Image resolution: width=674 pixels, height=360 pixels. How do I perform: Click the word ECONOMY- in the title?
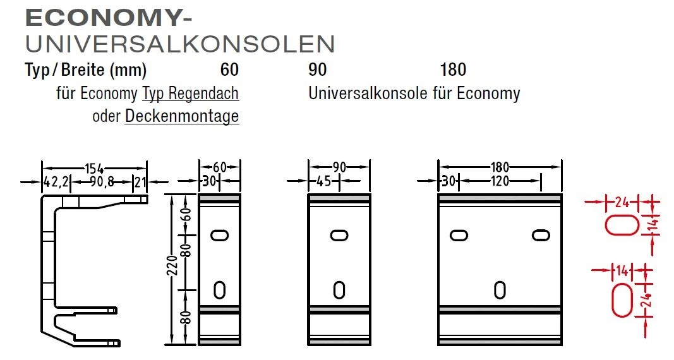(x=108, y=18)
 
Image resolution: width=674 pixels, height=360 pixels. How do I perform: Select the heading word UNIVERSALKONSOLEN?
(x=180, y=44)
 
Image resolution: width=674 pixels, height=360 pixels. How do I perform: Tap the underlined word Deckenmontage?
(x=182, y=116)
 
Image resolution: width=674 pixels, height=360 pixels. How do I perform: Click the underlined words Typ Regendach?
(x=190, y=93)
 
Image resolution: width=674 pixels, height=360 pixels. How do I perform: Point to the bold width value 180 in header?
(x=453, y=69)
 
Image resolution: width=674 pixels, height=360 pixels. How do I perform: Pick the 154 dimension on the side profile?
(x=95, y=169)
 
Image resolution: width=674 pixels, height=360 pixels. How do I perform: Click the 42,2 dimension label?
(x=56, y=182)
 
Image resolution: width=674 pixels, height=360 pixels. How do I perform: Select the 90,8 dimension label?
(x=102, y=182)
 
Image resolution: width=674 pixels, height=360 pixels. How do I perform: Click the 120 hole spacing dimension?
(x=500, y=181)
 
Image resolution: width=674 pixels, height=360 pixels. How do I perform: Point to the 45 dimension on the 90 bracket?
(x=324, y=181)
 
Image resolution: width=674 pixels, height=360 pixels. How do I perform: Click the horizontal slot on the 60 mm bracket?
(x=220, y=236)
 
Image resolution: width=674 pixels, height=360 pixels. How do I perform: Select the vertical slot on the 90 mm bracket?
(x=339, y=290)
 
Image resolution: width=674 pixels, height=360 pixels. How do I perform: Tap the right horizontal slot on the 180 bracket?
(x=541, y=236)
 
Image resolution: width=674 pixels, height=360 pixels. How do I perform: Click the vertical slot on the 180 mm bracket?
(x=500, y=290)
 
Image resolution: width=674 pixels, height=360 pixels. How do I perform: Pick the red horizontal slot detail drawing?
(x=623, y=225)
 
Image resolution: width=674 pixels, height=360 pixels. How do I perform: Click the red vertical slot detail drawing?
(x=623, y=299)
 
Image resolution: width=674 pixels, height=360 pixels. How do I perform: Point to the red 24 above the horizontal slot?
(x=622, y=201)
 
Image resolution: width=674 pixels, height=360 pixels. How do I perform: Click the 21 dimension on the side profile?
(x=140, y=182)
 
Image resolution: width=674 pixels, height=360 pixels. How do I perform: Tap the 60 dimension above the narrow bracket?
(x=220, y=167)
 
